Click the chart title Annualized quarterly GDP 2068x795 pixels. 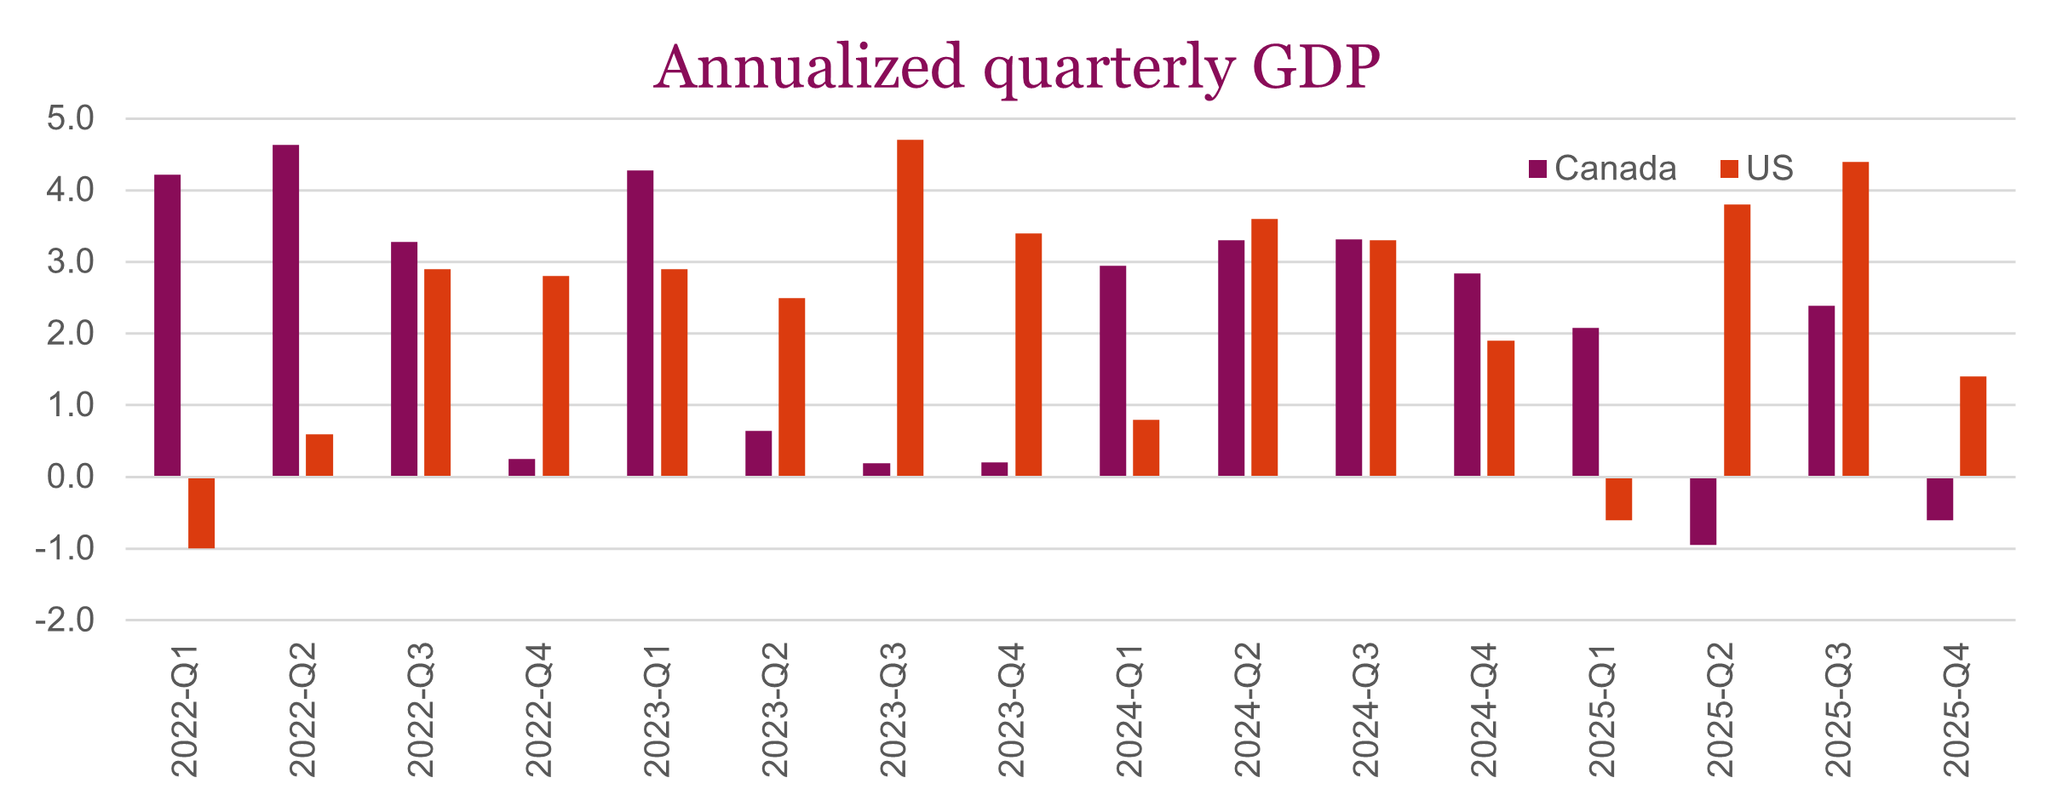[1017, 67]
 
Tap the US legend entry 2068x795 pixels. [1757, 169]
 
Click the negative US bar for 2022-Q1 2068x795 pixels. [201, 512]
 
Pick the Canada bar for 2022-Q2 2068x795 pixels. [285, 311]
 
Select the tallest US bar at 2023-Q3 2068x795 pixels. [910, 308]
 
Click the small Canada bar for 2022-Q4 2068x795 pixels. [521, 467]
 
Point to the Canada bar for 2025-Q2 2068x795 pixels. [1703, 511]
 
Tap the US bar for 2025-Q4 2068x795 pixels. [1973, 426]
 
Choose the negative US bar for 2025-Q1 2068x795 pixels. [1618, 498]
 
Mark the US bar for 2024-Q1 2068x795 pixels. [1146, 448]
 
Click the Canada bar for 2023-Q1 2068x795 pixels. [640, 323]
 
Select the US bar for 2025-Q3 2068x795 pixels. [1855, 319]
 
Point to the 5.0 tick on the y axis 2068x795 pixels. [71, 118]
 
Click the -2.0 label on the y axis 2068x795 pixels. [65, 620]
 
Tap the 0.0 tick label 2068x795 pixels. [71, 477]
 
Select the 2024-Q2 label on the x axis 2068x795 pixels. [1247, 710]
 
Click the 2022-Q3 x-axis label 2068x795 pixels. [421, 710]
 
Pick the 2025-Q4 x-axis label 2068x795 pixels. [1956, 710]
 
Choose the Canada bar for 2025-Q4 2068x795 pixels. [1939, 498]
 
